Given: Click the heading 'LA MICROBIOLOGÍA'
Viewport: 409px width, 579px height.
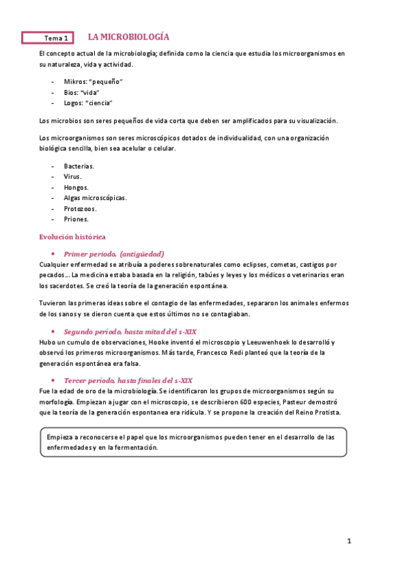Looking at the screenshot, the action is click(x=129, y=37).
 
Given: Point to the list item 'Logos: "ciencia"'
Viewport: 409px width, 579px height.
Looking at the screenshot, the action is click(x=88, y=103).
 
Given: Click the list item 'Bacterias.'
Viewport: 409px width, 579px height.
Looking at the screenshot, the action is click(x=79, y=166).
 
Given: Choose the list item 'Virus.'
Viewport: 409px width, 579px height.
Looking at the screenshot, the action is click(x=73, y=176).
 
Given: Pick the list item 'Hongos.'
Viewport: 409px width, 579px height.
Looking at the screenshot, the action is click(x=76, y=187).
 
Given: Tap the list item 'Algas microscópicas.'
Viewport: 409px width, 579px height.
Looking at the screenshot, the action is click(x=96, y=198).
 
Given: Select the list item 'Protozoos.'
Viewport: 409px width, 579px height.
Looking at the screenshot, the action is click(x=81, y=209).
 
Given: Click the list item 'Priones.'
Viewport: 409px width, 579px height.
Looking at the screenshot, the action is click(x=76, y=219).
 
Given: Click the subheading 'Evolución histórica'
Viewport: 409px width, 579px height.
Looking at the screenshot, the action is click(x=72, y=236).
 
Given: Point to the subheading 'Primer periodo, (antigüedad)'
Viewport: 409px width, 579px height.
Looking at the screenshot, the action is click(x=114, y=253).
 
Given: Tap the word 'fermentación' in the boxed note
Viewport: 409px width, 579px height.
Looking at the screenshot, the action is click(x=136, y=448).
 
